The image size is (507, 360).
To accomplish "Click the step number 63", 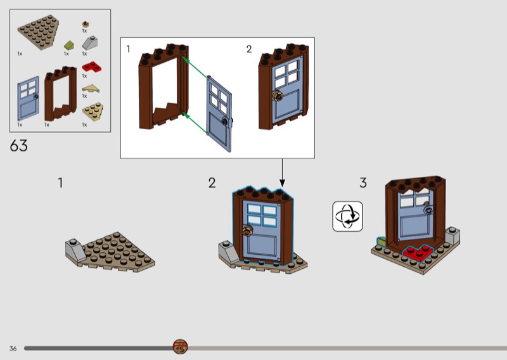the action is coord(19,146).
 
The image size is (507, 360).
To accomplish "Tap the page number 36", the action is coord(13,349).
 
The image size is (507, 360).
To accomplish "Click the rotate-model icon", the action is coord(347,216).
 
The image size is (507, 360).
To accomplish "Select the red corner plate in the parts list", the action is coord(92,67).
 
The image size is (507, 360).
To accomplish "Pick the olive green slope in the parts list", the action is coord(69,45).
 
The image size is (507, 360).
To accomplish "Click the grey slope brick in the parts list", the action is coord(90,43).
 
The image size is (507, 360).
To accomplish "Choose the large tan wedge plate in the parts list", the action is coord(39,32).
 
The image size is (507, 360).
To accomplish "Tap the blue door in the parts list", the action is coord(29,98).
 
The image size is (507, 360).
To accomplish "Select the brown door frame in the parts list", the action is coord(60,93).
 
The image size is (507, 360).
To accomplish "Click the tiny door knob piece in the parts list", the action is coord(86,24).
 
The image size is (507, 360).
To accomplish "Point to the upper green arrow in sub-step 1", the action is coord(195,67).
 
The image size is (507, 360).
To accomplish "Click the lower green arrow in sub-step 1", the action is coord(194,123).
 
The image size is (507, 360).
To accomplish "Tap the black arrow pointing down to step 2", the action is coord(282,173).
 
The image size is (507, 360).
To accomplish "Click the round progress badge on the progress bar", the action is coord(180,347).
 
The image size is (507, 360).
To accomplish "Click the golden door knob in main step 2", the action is coord(248,230).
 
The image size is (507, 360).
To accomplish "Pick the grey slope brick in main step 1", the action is coord(76,250).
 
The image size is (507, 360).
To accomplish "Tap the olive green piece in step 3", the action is coord(382,241).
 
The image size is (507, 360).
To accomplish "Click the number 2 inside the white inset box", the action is coord(248,49).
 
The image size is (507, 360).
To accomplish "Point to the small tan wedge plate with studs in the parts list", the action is coord(93,112).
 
